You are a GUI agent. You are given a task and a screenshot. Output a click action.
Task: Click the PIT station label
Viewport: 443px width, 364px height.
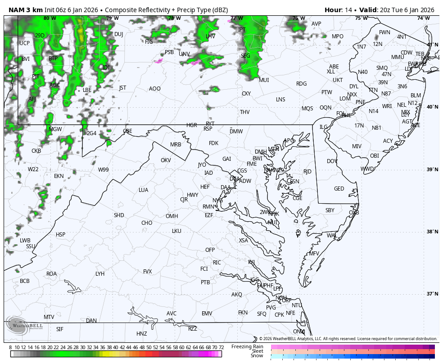[36, 77]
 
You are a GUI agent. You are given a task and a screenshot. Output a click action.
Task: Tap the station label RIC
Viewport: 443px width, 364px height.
[217, 263]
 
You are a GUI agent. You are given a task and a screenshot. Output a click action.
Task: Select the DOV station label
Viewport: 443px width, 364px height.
[332, 161]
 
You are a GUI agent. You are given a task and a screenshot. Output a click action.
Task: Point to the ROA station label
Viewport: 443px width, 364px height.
[52, 274]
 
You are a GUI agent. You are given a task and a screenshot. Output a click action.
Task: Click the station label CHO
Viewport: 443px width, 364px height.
[147, 223]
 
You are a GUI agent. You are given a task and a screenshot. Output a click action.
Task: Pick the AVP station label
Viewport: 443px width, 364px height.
[316, 24]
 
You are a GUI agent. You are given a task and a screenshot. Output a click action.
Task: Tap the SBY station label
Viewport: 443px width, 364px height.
[330, 210]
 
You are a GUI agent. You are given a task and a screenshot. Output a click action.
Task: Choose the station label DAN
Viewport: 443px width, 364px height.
[91, 321]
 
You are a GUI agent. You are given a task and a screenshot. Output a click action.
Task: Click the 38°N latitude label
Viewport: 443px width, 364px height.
[432, 232]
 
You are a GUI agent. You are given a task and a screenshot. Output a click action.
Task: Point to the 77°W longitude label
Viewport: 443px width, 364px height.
[236, 18]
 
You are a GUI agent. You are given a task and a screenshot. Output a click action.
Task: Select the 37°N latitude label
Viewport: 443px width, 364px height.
[432, 294]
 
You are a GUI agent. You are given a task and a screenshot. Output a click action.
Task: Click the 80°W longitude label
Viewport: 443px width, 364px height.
[50, 18]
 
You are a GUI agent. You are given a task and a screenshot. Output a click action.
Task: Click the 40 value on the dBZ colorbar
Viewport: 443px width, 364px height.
[116, 347]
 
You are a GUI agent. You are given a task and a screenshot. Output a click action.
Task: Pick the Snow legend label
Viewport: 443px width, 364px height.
[257, 356]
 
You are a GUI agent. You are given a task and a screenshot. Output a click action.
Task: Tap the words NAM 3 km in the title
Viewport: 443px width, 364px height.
[25, 10]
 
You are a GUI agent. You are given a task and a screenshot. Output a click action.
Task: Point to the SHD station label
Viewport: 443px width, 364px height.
[119, 215]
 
